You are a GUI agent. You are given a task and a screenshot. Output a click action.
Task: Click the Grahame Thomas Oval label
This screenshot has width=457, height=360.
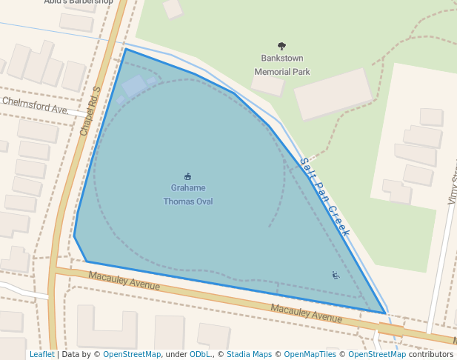click(x=188, y=194)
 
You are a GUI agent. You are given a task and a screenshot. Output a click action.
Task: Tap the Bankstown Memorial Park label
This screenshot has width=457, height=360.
click(x=281, y=64)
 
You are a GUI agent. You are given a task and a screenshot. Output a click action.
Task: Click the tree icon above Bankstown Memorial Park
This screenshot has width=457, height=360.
click(x=281, y=47)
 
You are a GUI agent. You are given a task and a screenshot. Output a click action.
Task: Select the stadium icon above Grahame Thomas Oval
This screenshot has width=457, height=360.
click(x=187, y=176)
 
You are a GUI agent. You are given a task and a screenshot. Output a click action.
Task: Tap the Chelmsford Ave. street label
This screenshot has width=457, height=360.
click(x=36, y=105)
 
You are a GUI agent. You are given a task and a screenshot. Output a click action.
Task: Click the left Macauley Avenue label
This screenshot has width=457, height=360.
click(x=124, y=281)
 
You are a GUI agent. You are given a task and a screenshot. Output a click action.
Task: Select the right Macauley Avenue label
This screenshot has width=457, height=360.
click(x=306, y=312)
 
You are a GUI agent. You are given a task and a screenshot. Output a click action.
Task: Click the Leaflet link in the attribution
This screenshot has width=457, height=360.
click(x=41, y=354)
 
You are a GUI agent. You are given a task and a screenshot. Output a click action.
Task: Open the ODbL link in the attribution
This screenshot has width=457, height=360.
click(x=200, y=354)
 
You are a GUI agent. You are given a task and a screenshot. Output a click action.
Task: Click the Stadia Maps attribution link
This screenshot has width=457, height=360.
click(x=249, y=354)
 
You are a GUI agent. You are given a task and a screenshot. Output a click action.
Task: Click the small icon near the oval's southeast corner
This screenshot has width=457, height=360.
click(x=336, y=276)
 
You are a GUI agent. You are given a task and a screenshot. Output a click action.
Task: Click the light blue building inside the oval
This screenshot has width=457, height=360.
click(x=134, y=87)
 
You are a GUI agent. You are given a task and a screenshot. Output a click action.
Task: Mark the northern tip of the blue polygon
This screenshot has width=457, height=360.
click(x=125, y=49)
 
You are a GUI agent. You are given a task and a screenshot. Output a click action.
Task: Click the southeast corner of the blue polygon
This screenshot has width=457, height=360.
click(x=384, y=313)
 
